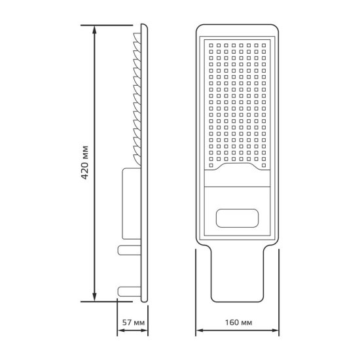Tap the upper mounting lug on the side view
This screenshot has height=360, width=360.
point(126,250)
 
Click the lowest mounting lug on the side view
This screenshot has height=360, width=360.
point(126,291)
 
